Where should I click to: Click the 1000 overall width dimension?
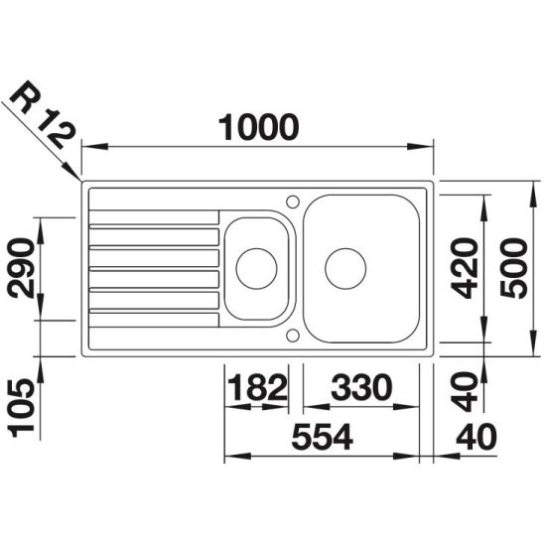258,127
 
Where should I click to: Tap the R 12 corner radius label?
43,114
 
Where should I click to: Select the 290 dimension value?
22,268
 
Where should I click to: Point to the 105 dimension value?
22,408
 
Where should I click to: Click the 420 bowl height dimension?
466,268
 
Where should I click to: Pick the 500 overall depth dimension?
514,268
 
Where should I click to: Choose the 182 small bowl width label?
258,387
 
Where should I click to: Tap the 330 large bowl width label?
361,387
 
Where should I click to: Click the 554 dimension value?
323,437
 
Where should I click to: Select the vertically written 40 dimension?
466,391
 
